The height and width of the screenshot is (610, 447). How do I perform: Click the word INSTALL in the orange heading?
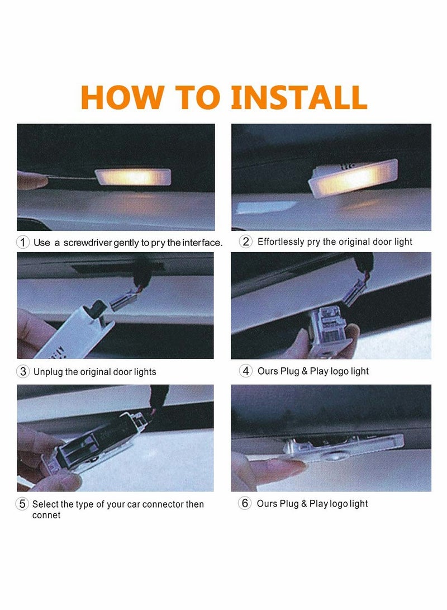(299, 97)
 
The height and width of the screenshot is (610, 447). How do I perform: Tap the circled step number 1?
(22, 242)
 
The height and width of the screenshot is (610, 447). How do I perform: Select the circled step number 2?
(246, 242)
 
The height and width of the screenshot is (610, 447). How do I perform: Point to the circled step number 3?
(23, 371)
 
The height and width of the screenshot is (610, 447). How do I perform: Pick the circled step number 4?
(246, 371)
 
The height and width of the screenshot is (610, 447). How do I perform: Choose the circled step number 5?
(22, 504)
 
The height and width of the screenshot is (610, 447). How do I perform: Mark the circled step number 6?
(245, 503)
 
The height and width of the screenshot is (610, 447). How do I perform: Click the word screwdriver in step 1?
(88, 243)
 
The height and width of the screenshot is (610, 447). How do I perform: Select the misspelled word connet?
(46, 515)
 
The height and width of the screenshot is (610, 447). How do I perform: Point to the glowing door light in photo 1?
(133, 177)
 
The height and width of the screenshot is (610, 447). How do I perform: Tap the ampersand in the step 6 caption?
(304, 504)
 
